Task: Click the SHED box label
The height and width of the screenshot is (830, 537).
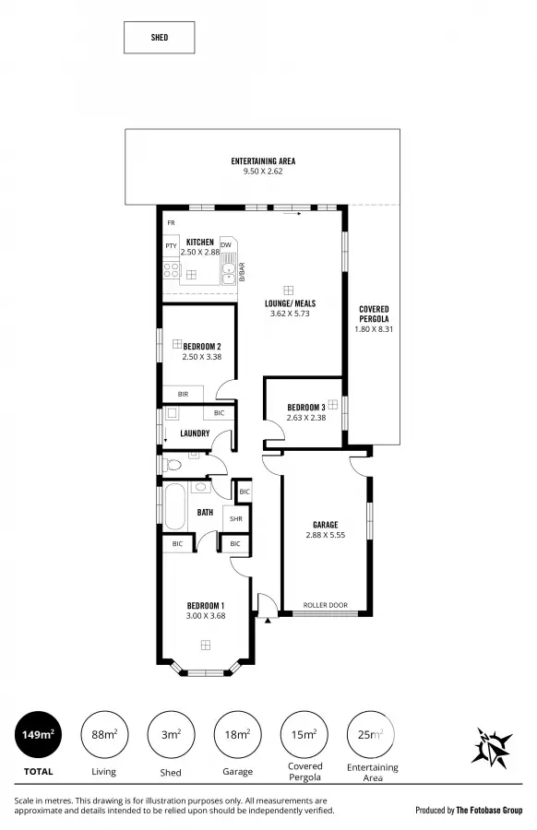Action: (x=159, y=38)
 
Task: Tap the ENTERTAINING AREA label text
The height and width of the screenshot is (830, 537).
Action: (x=263, y=161)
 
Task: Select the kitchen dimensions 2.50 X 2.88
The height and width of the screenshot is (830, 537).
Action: (x=200, y=252)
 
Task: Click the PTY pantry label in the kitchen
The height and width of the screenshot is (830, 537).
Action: (x=171, y=246)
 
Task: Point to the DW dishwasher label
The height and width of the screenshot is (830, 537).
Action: (x=226, y=244)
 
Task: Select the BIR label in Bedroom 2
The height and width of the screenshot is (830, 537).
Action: (x=183, y=394)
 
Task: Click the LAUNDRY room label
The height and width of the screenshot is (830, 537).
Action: (x=195, y=433)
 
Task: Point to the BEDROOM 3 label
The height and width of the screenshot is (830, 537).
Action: (x=305, y=407)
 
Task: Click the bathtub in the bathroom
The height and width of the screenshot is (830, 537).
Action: (x=173, y=508)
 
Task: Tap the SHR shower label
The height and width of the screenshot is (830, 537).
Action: (x=235, y=519)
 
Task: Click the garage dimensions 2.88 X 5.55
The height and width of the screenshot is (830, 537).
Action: (x=324, y=535)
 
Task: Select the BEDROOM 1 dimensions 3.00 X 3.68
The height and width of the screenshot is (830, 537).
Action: (x=206, y=616)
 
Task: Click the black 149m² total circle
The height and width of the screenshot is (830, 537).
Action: (x=38, y=735)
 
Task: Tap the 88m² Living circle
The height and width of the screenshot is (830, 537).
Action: (x=104, y=735)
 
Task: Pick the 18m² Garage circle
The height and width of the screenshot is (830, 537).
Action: (x=237, y=735)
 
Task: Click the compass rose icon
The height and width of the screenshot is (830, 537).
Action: (x=492, y=746)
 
